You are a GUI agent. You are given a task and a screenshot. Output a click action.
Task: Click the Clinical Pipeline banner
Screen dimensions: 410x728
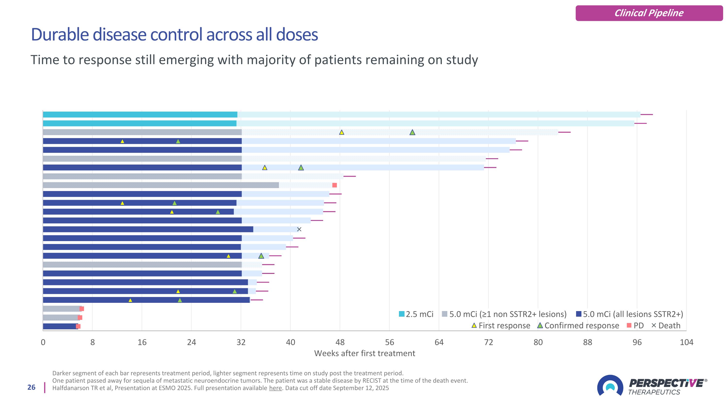(649, 13)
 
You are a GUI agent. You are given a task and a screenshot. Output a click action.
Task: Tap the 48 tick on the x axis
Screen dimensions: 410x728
(340, 342)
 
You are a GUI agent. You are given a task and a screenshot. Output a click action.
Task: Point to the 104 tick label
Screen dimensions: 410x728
(686, 342)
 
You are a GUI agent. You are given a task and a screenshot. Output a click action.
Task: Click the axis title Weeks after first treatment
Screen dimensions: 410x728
(364, 353)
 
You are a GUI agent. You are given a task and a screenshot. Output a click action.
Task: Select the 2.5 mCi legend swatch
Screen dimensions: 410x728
(402, 314)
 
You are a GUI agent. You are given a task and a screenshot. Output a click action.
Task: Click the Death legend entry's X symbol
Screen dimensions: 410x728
(654, 325)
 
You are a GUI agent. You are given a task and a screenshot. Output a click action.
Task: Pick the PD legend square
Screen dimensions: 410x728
(629, 325)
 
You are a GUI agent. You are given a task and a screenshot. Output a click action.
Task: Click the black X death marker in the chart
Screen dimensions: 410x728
(299, 229)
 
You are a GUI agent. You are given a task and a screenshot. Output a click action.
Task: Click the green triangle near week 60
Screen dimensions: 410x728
(412, 132)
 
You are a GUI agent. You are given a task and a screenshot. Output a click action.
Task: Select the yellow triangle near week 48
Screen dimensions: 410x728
(342, 132)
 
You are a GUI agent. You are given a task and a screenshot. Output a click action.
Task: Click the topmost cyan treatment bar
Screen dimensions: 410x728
(140, 115)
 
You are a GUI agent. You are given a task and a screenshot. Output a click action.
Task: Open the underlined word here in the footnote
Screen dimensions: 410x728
(275, 388)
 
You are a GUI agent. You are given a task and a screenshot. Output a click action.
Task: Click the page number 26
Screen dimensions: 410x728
(31, 387)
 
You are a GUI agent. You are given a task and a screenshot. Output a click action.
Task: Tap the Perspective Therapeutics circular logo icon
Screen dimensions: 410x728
(610, 385)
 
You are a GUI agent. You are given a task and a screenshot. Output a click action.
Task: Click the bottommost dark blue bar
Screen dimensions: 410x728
(60, 326)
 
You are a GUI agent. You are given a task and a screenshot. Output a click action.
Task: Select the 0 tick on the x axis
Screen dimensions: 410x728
(43, 342)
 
